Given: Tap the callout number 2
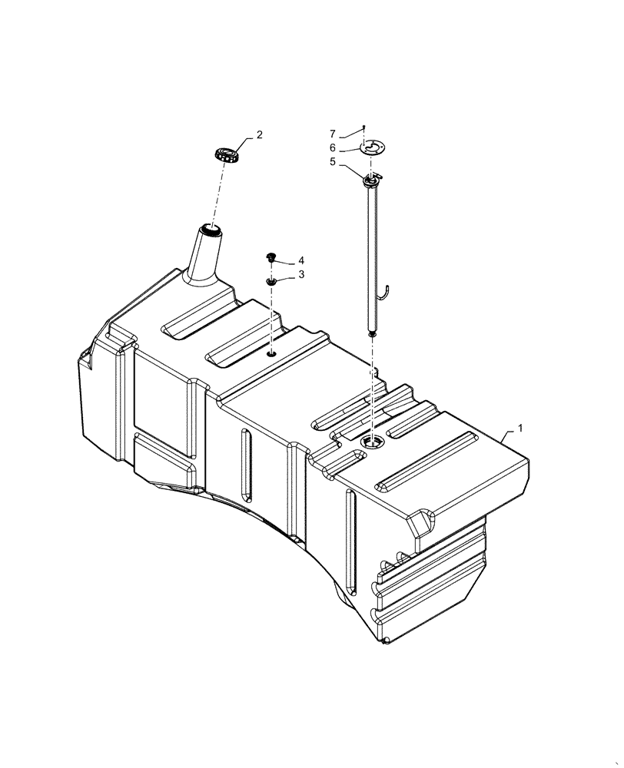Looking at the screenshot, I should coord(260,135).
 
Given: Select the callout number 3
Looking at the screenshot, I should coord(302,274).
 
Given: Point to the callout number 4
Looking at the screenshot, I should coord(302,260).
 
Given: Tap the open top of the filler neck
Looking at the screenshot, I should coord(210,228).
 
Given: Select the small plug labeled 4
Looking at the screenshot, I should coord(271,257).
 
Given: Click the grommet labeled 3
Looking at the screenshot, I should coord(271,282).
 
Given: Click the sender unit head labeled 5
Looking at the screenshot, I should coord(372,180).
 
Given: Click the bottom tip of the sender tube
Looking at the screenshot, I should coord(373,333).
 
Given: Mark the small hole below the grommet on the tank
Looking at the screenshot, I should coord(272,354).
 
